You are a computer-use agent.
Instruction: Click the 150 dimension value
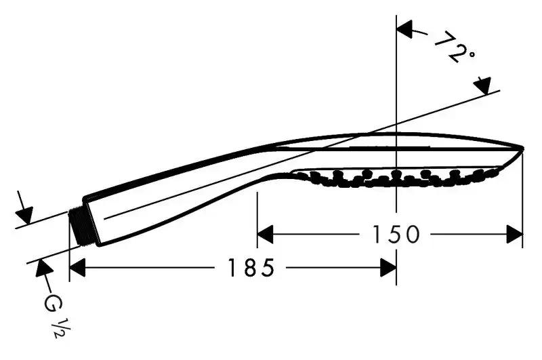396,234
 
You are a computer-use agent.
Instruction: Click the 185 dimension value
251,267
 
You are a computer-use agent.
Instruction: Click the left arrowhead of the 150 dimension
265,234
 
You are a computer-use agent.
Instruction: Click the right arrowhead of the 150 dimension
515,234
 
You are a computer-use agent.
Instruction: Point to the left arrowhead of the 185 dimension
77,267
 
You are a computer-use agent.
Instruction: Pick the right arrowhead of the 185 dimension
388,267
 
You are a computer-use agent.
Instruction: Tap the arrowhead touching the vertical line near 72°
404,29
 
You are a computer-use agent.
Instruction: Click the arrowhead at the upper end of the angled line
483,86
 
